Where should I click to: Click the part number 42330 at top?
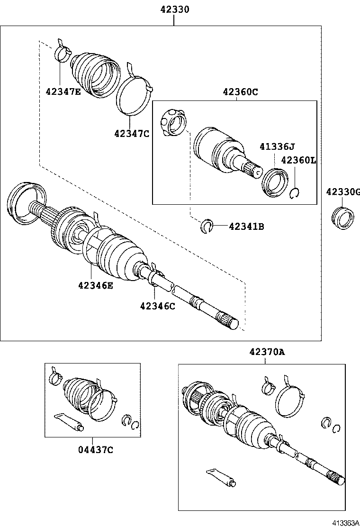coord(174,9)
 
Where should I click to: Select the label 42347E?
coord(63,91)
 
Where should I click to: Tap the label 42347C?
coord(131,134)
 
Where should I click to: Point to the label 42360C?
coord(241,92)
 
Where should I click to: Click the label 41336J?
coord(277,147)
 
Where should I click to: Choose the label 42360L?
coord(298,160)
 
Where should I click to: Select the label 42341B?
coord(246,227)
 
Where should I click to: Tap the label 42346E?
coord(96,285)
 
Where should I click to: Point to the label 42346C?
coord(157,306)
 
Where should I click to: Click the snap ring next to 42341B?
coord(207,226)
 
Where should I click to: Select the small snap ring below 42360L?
coord(295,193)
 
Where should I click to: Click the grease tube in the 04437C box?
coord(69,422)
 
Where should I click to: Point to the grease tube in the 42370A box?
coord(222,477)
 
